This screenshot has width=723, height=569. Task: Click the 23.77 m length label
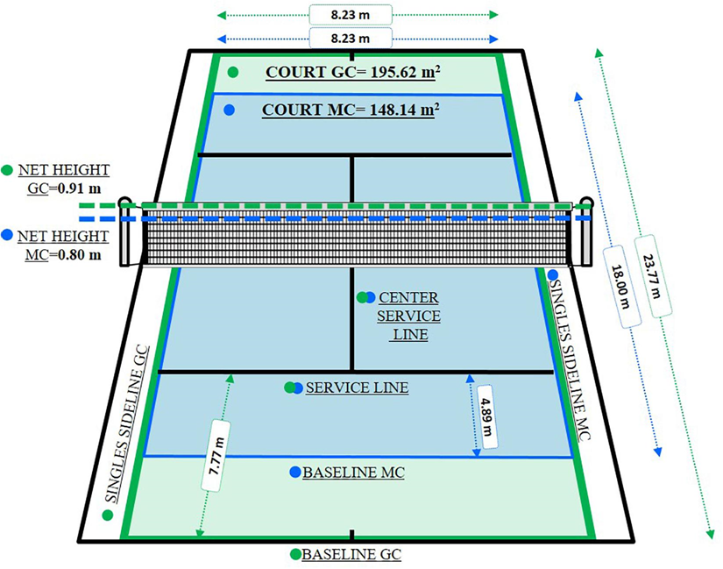652,276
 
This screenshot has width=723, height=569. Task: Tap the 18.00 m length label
620,287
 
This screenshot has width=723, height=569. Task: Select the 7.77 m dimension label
216,456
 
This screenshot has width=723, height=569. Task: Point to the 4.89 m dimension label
487,416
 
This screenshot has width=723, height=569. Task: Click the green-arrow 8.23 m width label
351,15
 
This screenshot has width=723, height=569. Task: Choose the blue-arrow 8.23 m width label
351,38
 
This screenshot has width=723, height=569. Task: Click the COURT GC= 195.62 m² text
353,72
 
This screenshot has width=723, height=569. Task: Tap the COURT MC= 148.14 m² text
351,110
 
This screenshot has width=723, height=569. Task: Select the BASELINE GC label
351,554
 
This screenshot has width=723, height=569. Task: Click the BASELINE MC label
354,473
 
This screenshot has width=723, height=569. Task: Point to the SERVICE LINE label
358,388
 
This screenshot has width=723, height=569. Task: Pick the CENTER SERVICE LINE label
409,317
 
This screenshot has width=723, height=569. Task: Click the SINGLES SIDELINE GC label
128,424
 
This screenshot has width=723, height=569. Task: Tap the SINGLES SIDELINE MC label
570,360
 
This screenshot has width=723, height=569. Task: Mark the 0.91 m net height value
79,188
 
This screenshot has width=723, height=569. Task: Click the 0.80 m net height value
79,254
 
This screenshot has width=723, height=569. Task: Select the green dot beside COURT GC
233,72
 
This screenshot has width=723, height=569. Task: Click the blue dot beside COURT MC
229,110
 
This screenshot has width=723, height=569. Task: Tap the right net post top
586,202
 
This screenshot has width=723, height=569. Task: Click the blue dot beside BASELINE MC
295,472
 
